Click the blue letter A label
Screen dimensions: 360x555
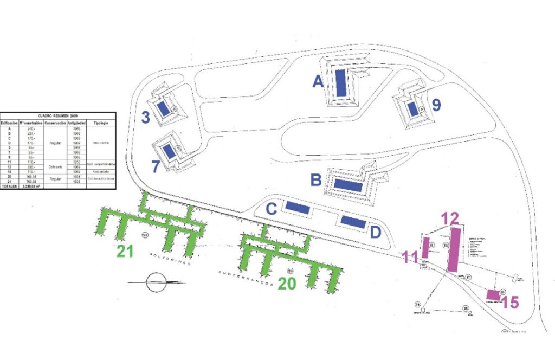click(318, 81)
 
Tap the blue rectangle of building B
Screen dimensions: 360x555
click(348, 185)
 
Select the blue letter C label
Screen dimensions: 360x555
click(272, 209)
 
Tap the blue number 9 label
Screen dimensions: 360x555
click(436, 105)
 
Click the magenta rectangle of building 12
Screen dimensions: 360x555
click(455, 249)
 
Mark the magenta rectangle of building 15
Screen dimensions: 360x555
click(492, 294)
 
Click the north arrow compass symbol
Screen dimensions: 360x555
click(156, 282)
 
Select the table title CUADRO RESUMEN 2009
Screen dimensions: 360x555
click(57, 115)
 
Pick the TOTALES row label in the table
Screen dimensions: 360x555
click(9, 186)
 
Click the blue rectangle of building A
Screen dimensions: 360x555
click(341, 83)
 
